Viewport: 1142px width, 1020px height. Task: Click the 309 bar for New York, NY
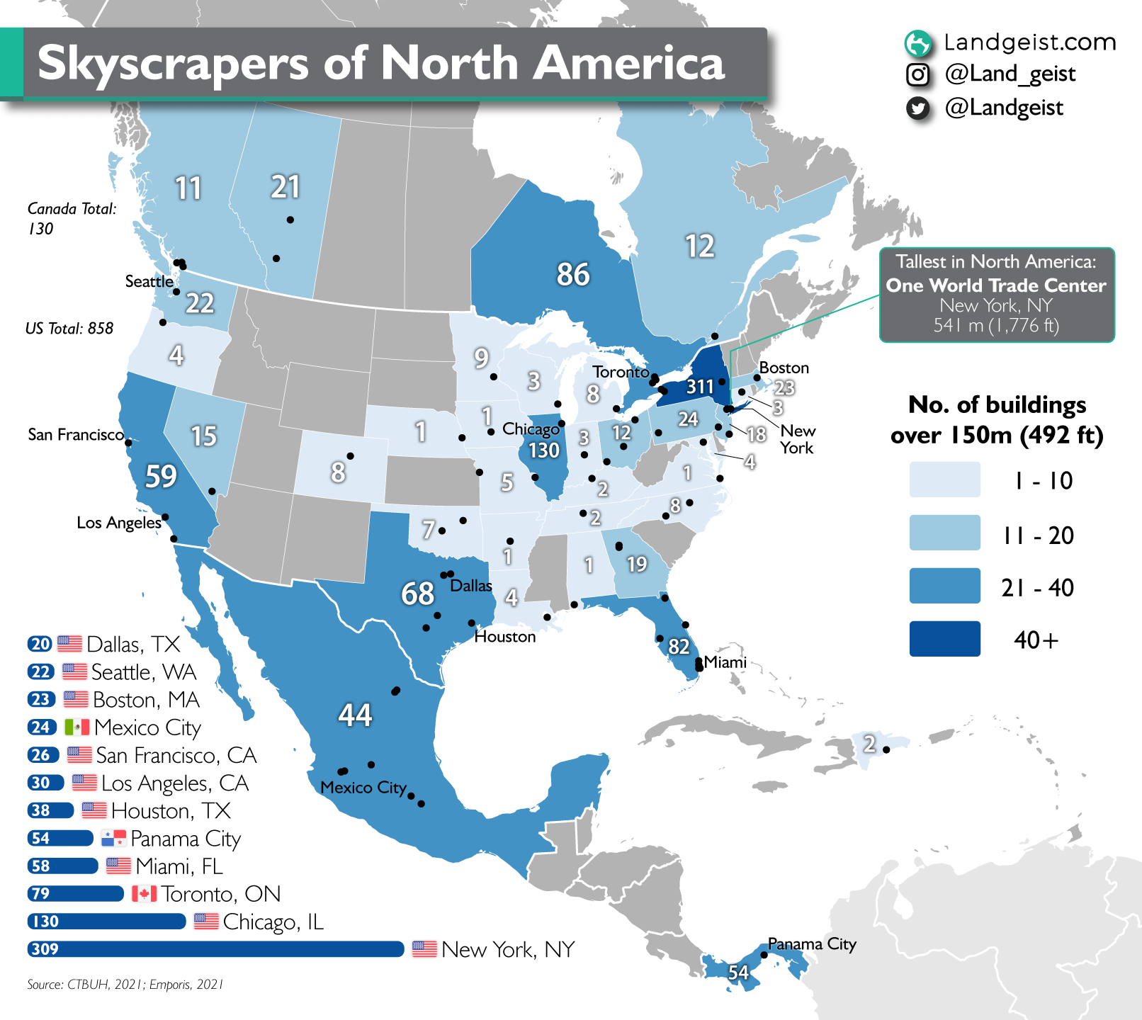tap(216, 949)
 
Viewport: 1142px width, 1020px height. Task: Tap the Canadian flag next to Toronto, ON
tap(144, 894)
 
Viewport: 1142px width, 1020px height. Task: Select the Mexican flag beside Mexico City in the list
tap(77, 727)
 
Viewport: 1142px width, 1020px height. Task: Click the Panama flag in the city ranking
tap(113, 839)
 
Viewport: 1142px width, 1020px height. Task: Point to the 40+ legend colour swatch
tap(945, 639)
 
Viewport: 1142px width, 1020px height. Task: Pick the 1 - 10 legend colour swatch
tap(945, 480)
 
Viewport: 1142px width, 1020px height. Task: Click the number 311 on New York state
tap(700, 387)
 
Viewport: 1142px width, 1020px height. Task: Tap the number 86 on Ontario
tap(572, 275)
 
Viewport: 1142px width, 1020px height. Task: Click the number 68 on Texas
tap(417, 594)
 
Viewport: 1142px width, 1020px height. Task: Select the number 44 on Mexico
tap(355, 715)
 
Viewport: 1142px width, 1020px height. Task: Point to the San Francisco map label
tap(76, 435)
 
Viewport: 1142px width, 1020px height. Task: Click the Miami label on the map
tap(725, 662)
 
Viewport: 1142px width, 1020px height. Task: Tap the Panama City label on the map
tap(812, 944)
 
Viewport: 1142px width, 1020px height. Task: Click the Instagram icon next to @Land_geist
tap(918, 74)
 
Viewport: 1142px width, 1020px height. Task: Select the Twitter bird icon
tap(918, 108)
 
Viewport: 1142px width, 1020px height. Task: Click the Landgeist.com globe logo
tap(918, 43)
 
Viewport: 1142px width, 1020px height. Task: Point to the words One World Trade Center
tap(996, 285)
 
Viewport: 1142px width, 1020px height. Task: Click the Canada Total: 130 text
tap(71, 218)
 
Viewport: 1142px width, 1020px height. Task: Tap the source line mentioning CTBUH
tap(125, 985)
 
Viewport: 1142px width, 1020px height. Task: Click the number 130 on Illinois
tap(544, 450)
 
